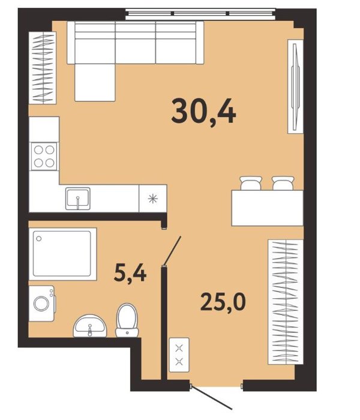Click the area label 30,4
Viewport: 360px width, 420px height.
click(203, 111)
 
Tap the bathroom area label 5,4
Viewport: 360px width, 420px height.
click(130, 273)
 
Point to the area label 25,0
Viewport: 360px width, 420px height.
click(223, 302)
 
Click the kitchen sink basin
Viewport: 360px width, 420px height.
click(77, 198)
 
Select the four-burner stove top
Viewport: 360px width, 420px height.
click(44, 157)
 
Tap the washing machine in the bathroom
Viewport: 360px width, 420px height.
click(42, 303)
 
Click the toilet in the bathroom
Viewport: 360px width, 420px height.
click(127, 320)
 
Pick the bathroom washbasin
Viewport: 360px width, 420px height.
click(90, 326)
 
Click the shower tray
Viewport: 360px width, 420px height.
click(62, 254)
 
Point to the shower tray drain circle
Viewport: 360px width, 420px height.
click(39, 238)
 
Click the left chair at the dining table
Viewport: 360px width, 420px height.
click(251, 183)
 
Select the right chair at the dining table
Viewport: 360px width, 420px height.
click(283, 183)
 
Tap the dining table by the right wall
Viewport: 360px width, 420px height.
click(268, 208)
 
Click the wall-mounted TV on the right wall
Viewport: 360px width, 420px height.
click(295, 86)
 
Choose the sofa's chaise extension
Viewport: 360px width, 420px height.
click(95, 83)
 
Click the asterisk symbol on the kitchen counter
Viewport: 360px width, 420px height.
click(153, 199)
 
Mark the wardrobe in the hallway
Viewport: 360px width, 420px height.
click(286, 302)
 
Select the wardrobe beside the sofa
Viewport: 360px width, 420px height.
click(43, 68)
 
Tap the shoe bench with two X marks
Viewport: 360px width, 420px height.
click(179, 355)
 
